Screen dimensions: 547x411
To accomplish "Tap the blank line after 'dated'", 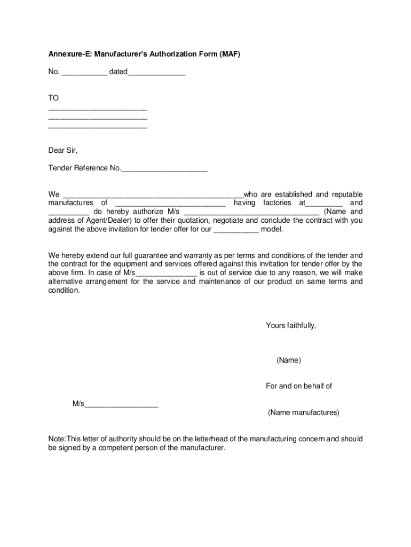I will click(156, 72).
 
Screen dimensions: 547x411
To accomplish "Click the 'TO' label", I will click(53, 98).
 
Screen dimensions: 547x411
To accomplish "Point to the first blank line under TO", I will click(98, 110).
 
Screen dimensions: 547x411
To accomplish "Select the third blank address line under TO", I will click(98, 128).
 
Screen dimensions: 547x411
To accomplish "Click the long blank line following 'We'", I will click(153, 195).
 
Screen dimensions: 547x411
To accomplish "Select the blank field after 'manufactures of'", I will click(170, 204).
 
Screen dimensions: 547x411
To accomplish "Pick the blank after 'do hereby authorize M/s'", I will click(251, 212).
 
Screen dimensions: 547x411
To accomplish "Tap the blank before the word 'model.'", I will click(236, 230).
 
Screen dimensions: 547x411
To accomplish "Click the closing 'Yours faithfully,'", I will click(291, 325).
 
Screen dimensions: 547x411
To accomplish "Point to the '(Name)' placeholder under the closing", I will click(289, 361).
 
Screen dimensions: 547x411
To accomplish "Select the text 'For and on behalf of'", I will click(298, 386).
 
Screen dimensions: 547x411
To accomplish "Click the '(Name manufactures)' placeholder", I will click(303, 413).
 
